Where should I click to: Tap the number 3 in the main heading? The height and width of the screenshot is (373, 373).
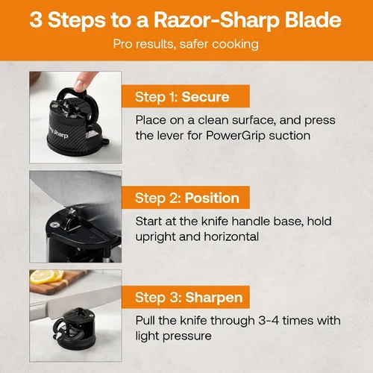36,19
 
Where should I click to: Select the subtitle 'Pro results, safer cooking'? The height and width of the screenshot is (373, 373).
186,44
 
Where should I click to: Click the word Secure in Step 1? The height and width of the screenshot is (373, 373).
205,97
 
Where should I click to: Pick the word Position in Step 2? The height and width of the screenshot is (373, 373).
212,198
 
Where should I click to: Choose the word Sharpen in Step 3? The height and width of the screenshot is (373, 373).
214,298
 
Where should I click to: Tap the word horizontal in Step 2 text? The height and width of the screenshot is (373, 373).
231,236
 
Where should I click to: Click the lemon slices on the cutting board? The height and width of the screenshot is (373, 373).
47,277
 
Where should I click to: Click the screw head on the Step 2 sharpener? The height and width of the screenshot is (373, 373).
53,225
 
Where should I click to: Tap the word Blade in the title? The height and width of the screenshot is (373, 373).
313,19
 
